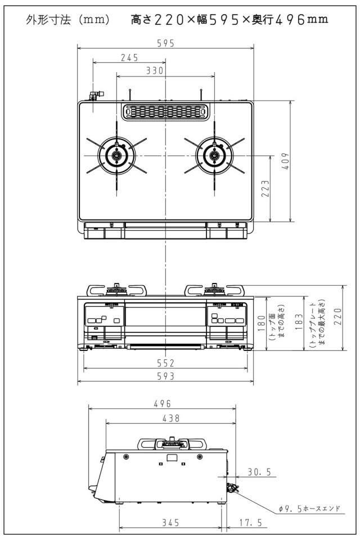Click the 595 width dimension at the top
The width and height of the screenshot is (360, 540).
(x=166, y=43)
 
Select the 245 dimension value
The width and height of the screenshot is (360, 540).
(x=129, y=57)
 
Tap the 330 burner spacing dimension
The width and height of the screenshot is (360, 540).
(x=155, y=71)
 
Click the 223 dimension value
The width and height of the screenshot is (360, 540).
(x=265, y=188)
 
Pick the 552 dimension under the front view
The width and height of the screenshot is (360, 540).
(x=166, y=363)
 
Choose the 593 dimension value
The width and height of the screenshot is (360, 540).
(x=166, y=376)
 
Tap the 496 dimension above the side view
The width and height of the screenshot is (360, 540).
(x=162, y=404)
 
